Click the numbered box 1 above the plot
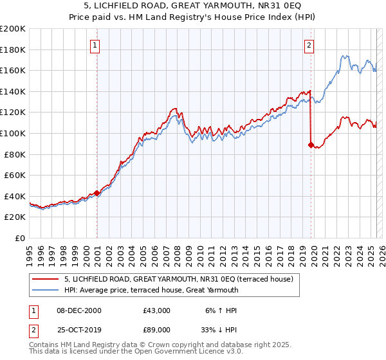pyautogui.click(x=95, y=45)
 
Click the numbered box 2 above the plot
pyautogui.click(x=309, y=45)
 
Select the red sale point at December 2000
pyautogui.click(x=96, y=193)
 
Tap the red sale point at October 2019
pyautogui.click(x=311, y=145)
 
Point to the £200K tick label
pyautogui.click(x=13, y=29)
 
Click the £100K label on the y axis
pyautogui.click(x=13, y=133)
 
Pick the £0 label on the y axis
pyautogui.click(x=20, y=238)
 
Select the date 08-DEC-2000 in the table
pyautogui.click(x=79, y=310)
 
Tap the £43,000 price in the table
pyautogui.click(x=157, y=310)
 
